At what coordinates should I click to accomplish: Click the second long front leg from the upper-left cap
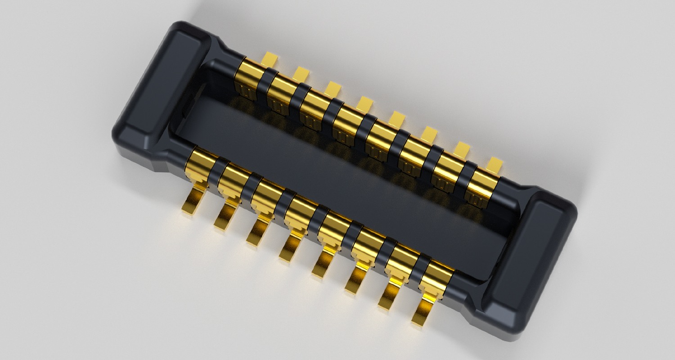[x=225, y=217]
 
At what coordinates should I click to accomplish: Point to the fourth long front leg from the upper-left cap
[x=290, y=248]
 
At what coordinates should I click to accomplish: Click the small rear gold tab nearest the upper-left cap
[x=270, y=58]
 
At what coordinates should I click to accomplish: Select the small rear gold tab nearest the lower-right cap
[x=495, y=164]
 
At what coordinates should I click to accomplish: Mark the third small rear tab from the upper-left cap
[x=333, y=88]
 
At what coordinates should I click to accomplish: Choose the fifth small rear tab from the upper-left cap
[x=396, y=119]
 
